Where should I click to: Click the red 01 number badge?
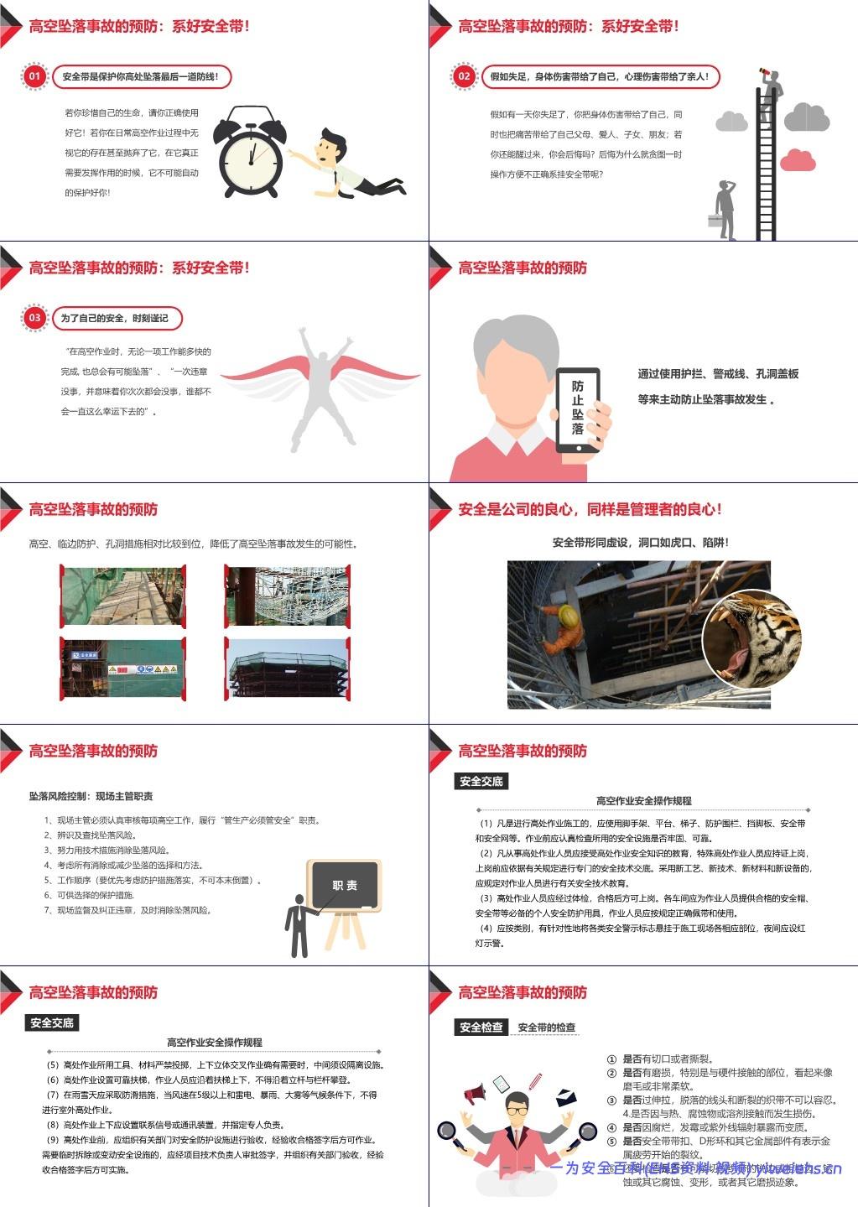tap(34, 76)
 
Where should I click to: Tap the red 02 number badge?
tap(464, 76)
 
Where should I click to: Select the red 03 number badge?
tap(34, 318)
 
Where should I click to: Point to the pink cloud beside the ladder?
tap(798, 159)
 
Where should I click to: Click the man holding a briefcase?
tap(724, 210)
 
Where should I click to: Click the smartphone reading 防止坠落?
tap(578, 409)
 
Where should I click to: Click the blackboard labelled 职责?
tap(345, 886)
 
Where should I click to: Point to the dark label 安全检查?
tap(481, 1027)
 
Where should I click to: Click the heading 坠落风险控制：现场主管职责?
tap(91, 796)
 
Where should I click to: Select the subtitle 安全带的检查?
tap(547, 1027)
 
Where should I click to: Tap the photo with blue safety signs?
tap(122, 669)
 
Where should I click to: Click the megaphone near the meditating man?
tap(475, 1093)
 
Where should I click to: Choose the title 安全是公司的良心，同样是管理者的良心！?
tap(590, 509)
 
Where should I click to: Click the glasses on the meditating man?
tap(517, 1111)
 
